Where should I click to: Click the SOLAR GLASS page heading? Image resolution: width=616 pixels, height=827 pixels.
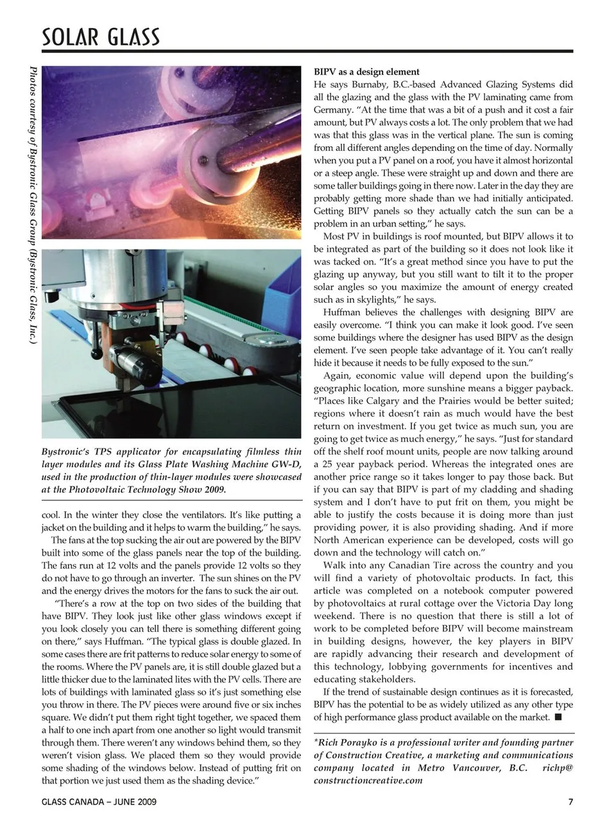click(x=101, y=37)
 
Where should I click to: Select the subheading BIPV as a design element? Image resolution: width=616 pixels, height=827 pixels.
click(x=366, y=72)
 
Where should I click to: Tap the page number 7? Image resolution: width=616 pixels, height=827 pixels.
click(x=570, y=802)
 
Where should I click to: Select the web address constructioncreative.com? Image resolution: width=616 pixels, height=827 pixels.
click(x=368, y=780)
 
